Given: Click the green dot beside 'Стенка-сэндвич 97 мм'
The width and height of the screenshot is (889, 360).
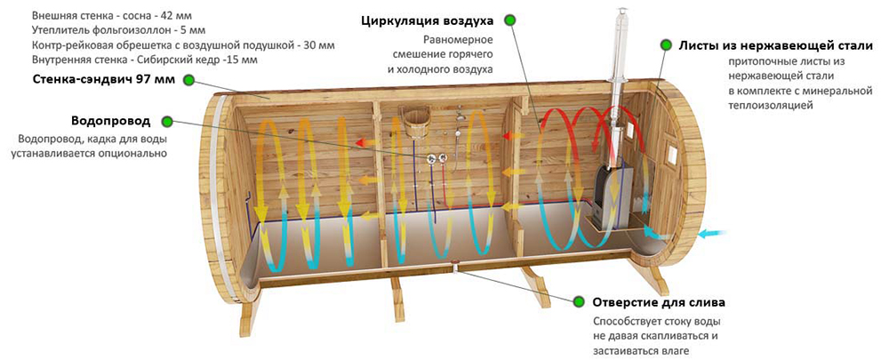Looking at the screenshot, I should click(x=188, y=80).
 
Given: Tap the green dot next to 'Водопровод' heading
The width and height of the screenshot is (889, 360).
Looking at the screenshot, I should click(x=169, y=121).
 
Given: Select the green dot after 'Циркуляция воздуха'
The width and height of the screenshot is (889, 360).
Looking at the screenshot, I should click(x=509, y=20).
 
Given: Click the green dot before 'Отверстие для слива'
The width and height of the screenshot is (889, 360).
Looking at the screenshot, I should click(x=579, y=301).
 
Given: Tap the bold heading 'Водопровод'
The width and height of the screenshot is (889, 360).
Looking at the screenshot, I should click(x=111, y=121).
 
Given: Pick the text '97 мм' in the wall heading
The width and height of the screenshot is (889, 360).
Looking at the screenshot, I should click(x=156, y=80).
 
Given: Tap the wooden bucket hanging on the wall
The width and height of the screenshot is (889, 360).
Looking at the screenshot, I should click(x=412, y=123).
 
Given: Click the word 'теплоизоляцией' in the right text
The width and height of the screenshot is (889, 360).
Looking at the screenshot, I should click(x=770, y=105).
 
